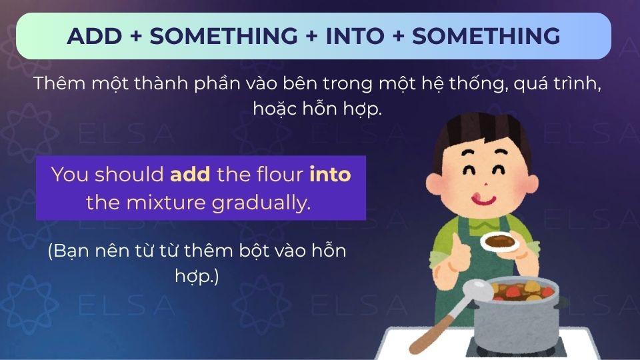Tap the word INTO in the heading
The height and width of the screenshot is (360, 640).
[x=355, y=36]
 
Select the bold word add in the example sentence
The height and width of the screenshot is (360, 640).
[x=191, y=175]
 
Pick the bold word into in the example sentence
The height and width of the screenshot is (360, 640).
[x=330, y=175]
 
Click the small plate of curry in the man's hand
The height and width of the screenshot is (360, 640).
[x=499, y=241]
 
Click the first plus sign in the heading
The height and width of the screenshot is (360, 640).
[x=135, y=36]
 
